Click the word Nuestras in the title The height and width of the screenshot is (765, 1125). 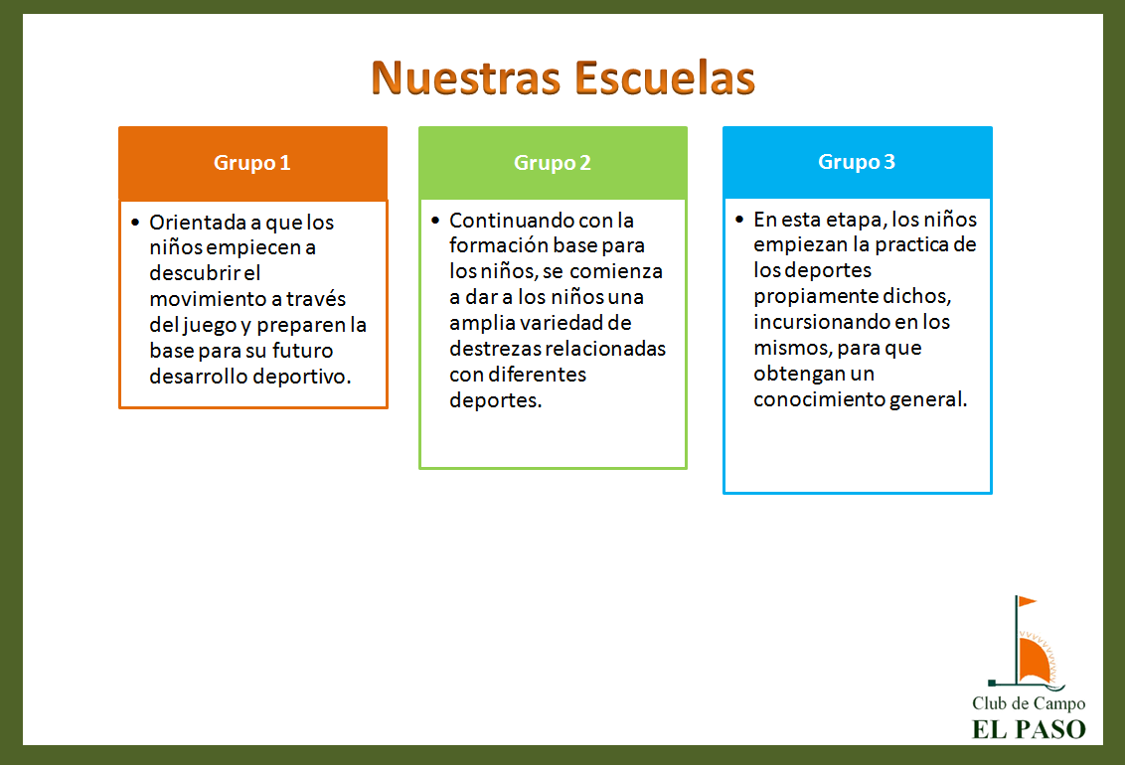[466, 77]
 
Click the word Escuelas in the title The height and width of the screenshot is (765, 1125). [665, 77]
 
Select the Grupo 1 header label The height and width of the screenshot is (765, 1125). [251, 164]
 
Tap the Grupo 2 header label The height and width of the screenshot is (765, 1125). [552, 164]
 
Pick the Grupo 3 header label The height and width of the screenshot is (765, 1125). [857, 162]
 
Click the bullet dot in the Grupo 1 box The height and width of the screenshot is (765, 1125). [135, 223]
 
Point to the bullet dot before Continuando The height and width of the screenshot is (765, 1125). [434, 221]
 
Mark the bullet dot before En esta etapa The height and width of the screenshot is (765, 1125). [739, 219]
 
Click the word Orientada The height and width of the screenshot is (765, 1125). [198, 223]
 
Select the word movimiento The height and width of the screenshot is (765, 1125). [208, 299]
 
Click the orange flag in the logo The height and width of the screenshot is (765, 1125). [1027, 601]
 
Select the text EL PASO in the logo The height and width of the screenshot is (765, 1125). [1029, 730]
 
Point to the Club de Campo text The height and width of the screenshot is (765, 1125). [1029, 703]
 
